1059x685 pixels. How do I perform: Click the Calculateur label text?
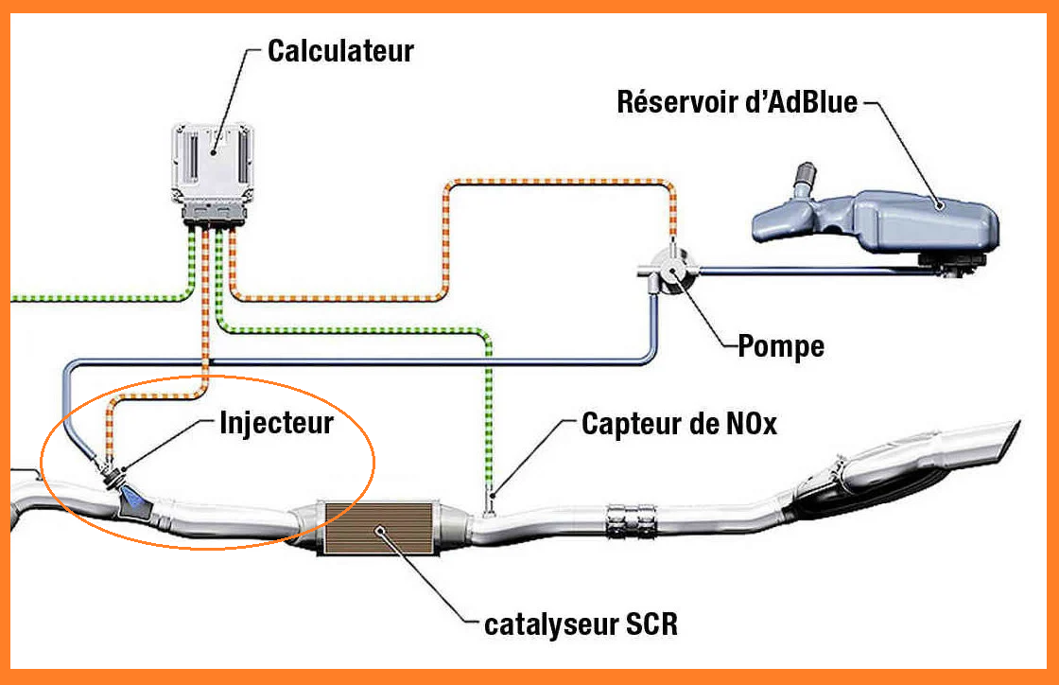coord(340,51)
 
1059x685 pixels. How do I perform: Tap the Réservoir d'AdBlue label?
coord(737,101)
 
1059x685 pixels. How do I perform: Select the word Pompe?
coord(780,346)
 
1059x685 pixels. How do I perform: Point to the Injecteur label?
coord(276,422)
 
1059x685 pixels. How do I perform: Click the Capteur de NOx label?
coord(679,424)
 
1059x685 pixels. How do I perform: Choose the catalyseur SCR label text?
coord(581,625)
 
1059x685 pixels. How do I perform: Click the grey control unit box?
coord(213,165)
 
